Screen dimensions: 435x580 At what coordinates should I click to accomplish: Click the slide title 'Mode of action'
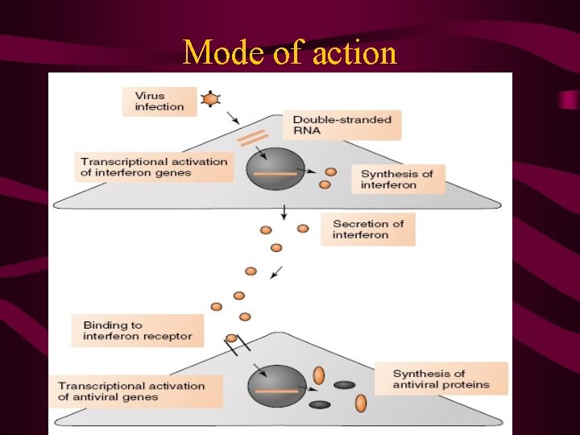point(290,53)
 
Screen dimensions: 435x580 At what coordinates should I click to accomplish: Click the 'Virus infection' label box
point(159,101)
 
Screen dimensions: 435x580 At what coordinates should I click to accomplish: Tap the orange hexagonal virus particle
point(211,99)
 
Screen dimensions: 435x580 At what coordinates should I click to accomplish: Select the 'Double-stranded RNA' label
point(342,125)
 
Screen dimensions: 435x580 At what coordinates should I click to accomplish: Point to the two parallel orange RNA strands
point(253,139)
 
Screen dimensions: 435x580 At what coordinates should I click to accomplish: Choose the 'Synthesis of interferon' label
point(398,179)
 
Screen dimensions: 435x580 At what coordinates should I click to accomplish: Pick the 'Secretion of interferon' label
point(367,229)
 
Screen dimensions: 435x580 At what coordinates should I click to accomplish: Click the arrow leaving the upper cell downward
point(284,212)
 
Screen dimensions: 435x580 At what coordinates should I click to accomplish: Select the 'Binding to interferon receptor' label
point(137,330)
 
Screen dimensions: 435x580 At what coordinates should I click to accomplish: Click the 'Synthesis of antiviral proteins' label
point(441,379)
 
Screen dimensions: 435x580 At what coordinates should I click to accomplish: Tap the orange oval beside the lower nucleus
point(319,375)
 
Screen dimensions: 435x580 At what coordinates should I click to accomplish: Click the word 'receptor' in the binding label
point(169,336)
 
